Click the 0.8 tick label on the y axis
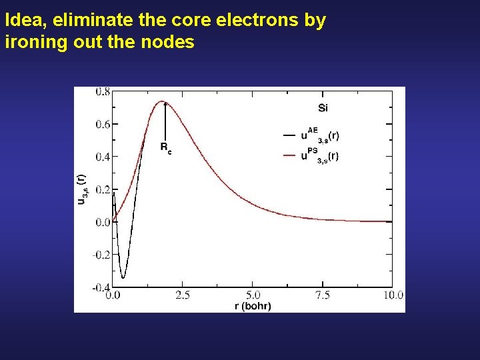tap(103, 92)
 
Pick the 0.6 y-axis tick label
tap(103, 124)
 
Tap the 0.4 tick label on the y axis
tap(103, 157)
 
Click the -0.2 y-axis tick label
tap(101, 255)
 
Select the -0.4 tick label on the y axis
tap(101, 287)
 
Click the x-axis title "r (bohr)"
tap(253, 305)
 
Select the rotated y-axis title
tap(81, 189)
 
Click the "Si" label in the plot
tap(323, 107)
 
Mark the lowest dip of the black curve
tap(123, 277)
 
